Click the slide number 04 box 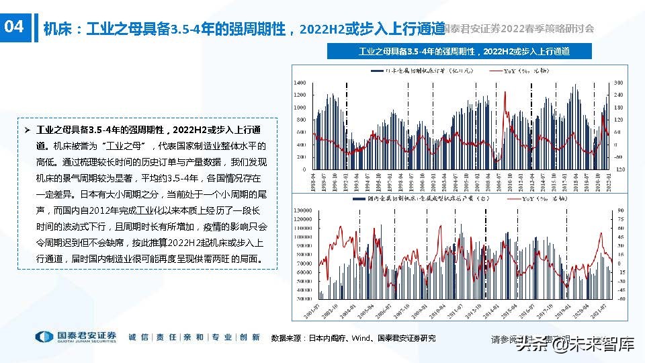point(15,28)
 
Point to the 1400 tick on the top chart point(300,83)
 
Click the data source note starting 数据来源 point(353,338)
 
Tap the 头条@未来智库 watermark point(574,346)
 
